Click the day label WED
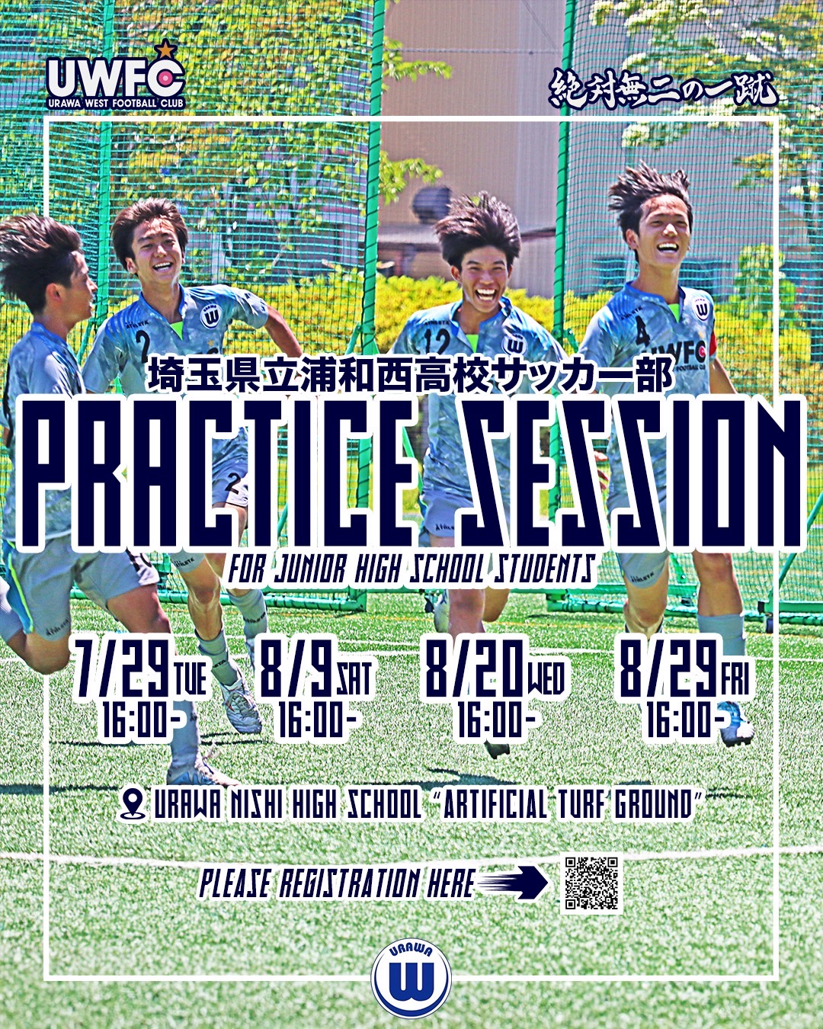(x=546, y=678)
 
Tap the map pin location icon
(x=133, y=804)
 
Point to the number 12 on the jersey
(x=437, y=341)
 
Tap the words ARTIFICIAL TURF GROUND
(x=569, y=804)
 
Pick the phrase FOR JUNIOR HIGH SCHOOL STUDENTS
(x=412, y=570)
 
